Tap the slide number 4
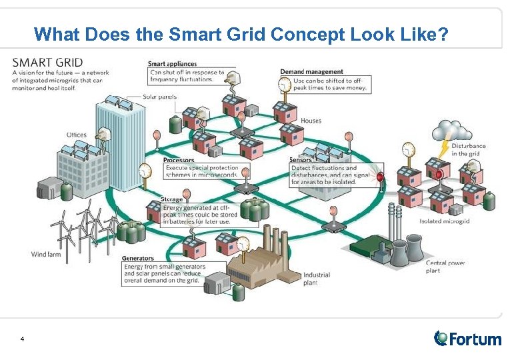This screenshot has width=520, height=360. coord(23,339)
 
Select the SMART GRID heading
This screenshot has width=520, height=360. coord(47,63)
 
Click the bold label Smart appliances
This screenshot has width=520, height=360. coord(173,64)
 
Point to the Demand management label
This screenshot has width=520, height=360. coord(312,71)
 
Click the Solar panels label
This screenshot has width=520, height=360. coord(159,97)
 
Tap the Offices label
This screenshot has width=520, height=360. coord(77,135)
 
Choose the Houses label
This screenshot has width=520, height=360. coord(311,121)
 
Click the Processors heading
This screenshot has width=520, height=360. coord(179,160)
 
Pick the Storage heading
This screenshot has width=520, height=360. coord(172,199)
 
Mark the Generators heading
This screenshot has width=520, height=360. coord(138,258)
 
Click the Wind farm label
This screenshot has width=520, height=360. coord(46,253)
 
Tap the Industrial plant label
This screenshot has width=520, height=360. coord(317,279)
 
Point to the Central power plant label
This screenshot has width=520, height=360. coord(445,267)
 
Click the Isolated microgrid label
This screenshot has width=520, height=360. coord(445,221)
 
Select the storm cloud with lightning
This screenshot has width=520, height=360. coord(449,130)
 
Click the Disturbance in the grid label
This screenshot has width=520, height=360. coord(468,149)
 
